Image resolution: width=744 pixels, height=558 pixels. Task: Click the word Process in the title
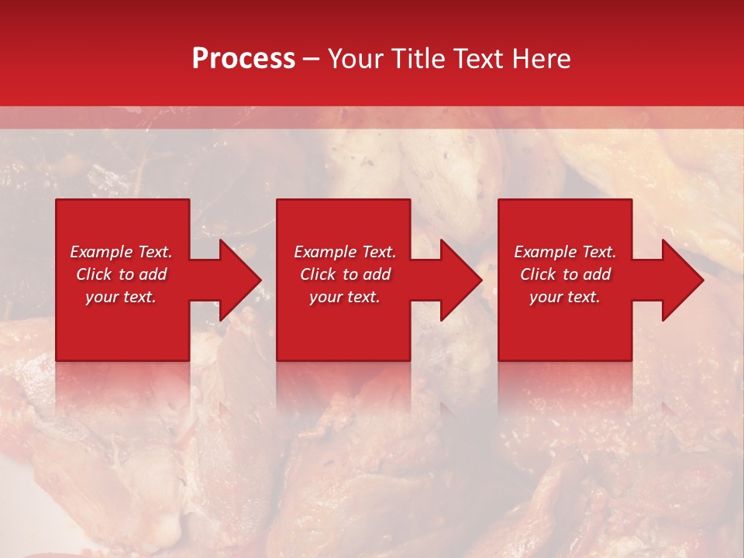[x=243, y=59]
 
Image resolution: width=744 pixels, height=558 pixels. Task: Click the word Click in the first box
[x=94, y=274]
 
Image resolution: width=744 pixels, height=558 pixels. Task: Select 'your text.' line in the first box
[x=120, y=297]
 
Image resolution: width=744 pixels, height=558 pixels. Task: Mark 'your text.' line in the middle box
[x=344, y=297]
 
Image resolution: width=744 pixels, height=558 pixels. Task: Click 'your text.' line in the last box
[x=564, y=297]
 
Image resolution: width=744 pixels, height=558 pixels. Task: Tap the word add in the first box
[x=153, y=274]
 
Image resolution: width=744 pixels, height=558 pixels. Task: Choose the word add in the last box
[x=598, y=274]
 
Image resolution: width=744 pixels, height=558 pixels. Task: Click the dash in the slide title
[x=312, y=59]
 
